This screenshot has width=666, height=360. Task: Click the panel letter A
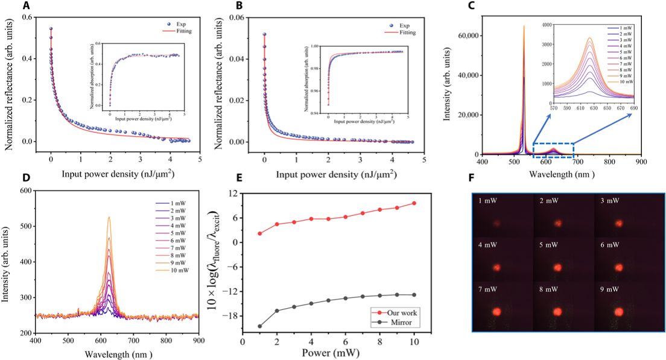26,7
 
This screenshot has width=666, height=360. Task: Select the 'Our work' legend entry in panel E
396,313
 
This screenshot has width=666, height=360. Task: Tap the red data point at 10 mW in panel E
414,203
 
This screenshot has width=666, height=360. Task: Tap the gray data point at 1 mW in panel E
259,326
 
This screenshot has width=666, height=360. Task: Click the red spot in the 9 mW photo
618,312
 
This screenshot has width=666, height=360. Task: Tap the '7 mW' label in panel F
487,291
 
